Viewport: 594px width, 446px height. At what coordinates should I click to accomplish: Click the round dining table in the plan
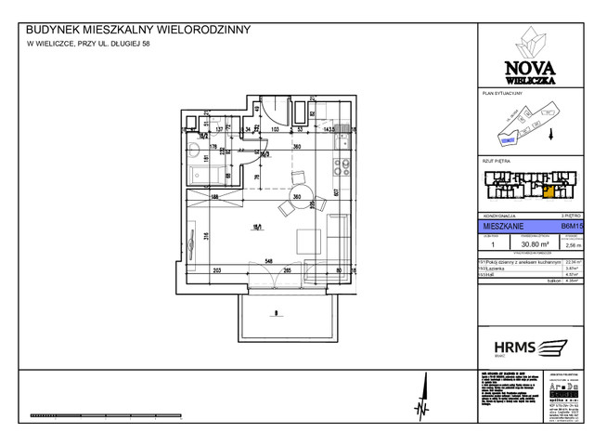(x=298, y=179)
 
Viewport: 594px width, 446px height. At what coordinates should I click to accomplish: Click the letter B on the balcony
(x=277, y=313)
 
